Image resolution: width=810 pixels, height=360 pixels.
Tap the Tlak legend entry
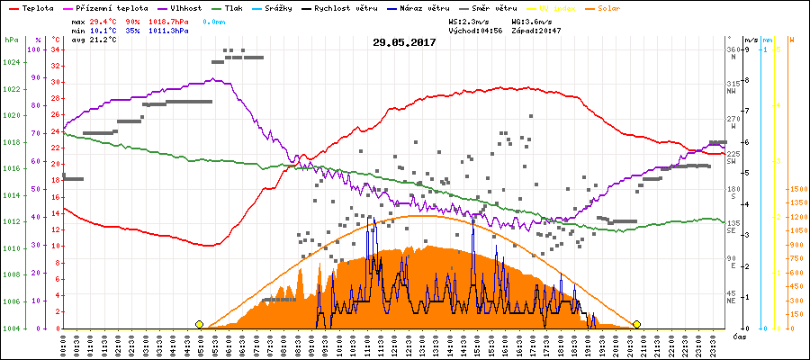point(235,7)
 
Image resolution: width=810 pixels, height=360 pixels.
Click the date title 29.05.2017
point(404,42)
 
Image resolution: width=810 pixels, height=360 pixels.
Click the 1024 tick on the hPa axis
point(11,62)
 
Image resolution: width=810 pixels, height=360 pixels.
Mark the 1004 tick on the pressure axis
point(11,328)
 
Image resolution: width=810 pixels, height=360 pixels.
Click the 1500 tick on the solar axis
point(796,190)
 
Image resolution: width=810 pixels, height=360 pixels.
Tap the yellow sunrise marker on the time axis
point(199,324)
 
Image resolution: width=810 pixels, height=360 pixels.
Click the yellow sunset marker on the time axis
point(636,324)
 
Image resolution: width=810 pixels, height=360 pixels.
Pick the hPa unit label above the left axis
point(11,40)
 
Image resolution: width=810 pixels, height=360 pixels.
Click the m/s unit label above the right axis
point(751,40)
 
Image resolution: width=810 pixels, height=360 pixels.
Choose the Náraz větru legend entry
point(418,7)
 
